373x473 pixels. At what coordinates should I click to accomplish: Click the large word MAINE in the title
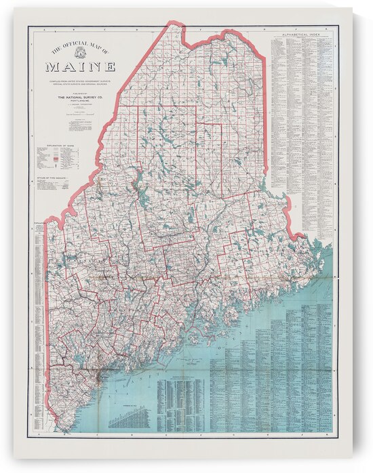[x=80, y=67]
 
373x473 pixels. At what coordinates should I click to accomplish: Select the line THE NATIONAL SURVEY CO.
[x=80, y=97]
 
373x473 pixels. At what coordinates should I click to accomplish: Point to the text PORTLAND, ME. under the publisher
[x=80, y=102]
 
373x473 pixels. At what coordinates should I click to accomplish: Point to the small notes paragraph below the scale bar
[x=80, y=125]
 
